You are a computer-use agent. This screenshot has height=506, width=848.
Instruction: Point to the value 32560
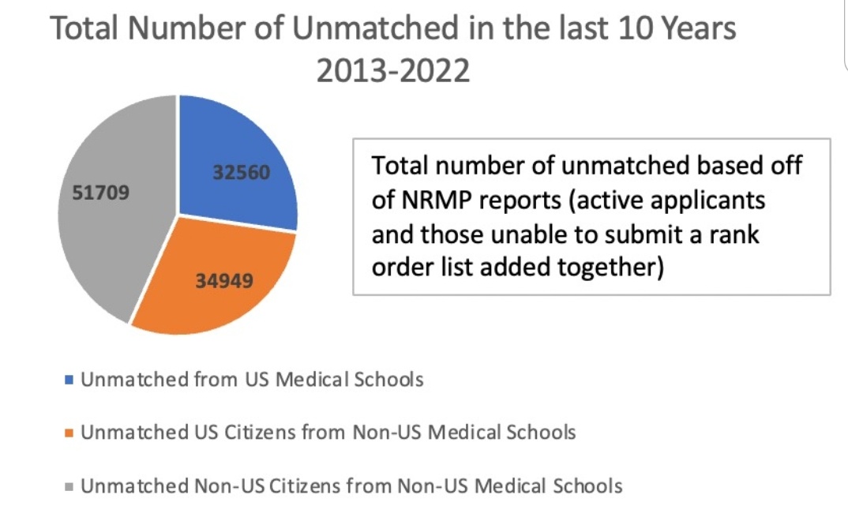[x=241, y=172]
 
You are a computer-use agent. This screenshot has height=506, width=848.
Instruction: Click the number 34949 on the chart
[x=223, y=279]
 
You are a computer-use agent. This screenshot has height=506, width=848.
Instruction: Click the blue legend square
[x=69, y=380]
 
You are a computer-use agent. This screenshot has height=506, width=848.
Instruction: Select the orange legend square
[x=69, y=433]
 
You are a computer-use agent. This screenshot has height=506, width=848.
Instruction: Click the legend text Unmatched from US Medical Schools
[x=252, y=380]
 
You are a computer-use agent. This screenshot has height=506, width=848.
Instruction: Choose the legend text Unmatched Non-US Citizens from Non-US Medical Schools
[x=351, y=486]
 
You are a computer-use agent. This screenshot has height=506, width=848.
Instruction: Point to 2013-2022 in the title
[x=392, y=71]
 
